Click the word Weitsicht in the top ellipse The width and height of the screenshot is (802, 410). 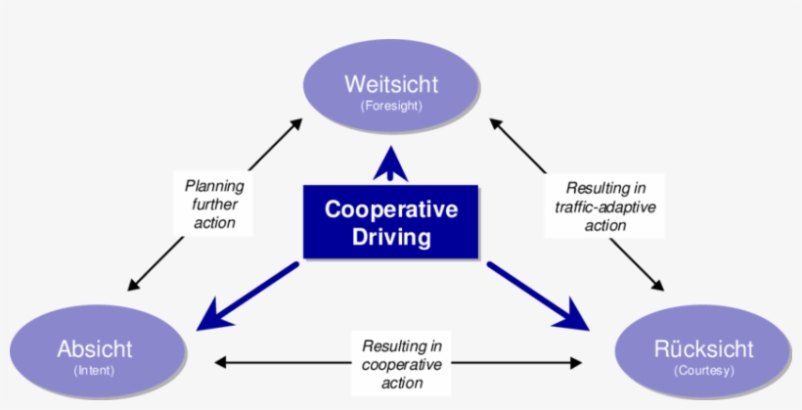pyautogui.click(x=391, y=83)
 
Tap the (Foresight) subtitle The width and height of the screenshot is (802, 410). pyautogui.click(x=391, y=105)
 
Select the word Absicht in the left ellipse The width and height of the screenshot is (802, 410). pyautogui.click(x=94, y=349)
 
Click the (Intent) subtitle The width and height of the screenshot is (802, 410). pyautogui.click(x=94, y=371)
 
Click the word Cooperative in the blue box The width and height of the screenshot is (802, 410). pyautogui.click(x=390, y=210)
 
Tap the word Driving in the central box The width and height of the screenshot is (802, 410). pyautogui.click(x=390, y=237)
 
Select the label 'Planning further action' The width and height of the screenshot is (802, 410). pyautogui.click(x=214, y=204)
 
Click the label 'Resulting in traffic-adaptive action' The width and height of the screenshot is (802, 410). pyautogui.click(x=605, y=205)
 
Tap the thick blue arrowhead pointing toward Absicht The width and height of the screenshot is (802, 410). pyautogui.click(x=212, y=320)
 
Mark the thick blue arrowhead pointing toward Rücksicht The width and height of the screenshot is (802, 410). pyautogui.click(x=574, y=318)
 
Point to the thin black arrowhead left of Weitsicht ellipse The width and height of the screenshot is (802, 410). pyautogui.click(x=296, y=123)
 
